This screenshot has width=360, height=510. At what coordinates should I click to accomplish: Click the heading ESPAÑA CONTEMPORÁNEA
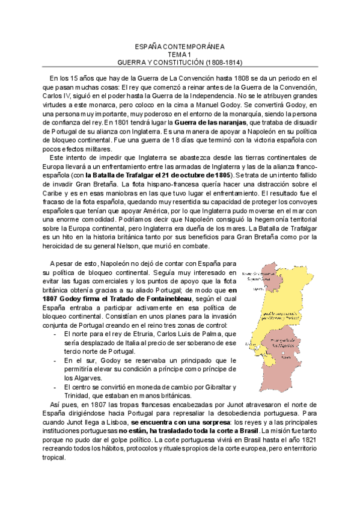tap(180, 46)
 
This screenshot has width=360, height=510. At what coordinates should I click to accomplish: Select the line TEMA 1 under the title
tap(180, 54)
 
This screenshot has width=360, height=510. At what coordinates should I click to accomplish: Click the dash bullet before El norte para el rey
tap(55, 334)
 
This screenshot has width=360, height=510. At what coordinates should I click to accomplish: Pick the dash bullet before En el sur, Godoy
tap(55, 360)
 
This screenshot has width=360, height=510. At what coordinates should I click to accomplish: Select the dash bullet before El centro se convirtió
tap(55, 387)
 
